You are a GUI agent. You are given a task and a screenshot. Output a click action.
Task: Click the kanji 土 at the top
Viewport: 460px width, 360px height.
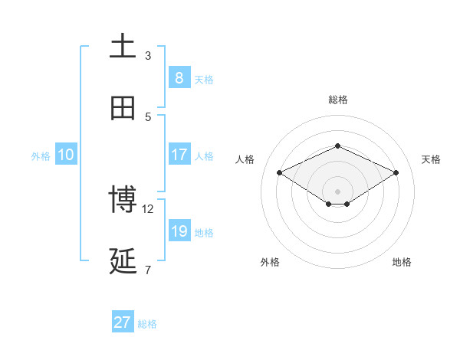click(123, 47)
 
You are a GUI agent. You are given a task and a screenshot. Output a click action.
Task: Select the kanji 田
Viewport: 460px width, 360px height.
click(123, 108)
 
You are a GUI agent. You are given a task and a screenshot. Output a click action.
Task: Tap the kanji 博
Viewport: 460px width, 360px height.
click(123, 200)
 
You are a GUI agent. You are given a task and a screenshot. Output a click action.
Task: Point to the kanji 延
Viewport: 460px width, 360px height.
click(123, 261)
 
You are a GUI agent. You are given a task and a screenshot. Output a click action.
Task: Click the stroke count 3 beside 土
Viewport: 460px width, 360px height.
click(148, 55)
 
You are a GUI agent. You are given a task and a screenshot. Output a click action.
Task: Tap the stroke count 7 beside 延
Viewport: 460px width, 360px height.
click(148, 270)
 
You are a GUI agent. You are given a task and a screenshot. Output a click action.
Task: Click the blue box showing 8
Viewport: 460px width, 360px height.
click(179, 78)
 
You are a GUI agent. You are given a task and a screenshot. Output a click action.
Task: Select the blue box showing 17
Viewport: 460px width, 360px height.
click(179, 155)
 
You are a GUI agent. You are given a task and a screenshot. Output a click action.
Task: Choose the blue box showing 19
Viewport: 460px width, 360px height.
click(179, 231)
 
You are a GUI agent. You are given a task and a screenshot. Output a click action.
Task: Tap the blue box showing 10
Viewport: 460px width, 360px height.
click(65, 155)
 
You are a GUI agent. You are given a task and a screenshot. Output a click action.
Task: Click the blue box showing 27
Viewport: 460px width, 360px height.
click(123, 322)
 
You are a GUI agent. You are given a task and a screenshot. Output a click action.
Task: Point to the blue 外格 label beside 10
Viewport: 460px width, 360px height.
click(41, 155)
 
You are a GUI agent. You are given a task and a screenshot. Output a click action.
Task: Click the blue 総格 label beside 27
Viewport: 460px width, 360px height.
click(147, 323)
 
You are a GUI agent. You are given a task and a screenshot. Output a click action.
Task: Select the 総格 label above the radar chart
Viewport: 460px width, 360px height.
click(337, 100)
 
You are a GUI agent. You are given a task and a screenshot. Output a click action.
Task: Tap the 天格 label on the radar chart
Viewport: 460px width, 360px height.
click(431, 159)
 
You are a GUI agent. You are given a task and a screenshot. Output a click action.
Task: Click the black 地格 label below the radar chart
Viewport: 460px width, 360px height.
click(402, 262)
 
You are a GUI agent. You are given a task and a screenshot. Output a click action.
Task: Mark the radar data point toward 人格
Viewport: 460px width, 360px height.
click(279, 172)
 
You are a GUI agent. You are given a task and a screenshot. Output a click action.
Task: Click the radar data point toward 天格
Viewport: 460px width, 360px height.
click(396, 172)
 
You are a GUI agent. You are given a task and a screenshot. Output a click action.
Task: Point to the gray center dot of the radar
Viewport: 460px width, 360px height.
click(337, 191)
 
